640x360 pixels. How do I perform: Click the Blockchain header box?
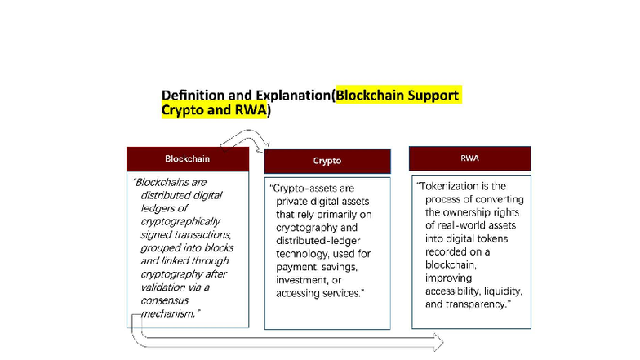[187, 158]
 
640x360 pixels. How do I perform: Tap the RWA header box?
[469, 158]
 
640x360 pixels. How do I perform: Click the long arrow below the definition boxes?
[294, 340]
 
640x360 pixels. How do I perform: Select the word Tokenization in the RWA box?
[451, 186]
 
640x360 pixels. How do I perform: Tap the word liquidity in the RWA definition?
[499, 291]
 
